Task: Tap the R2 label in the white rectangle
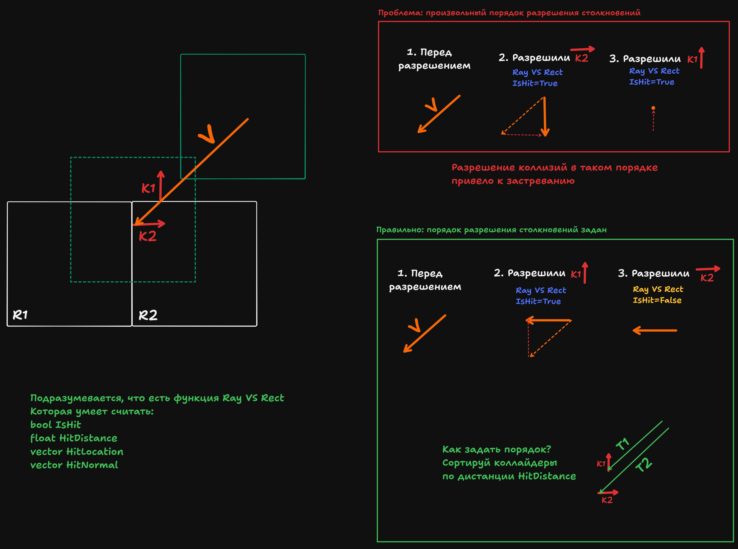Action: pos(148,315)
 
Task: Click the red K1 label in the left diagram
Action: pos(148,188)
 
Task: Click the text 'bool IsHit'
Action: pos(56,425)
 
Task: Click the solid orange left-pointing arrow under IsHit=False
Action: pos(655,330)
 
